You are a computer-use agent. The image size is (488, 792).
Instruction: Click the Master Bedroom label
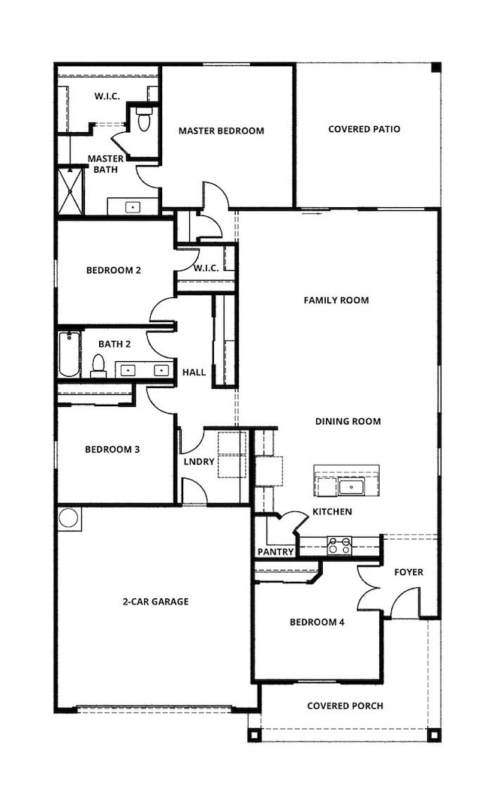221,131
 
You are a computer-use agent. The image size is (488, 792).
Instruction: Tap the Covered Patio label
364,129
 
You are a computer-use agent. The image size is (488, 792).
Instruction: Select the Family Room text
336,300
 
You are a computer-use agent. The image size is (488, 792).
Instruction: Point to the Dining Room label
347,421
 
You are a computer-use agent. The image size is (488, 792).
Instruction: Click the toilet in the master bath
144,119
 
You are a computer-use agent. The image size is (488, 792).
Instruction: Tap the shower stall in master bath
71,191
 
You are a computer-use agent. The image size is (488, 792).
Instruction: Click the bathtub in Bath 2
69,354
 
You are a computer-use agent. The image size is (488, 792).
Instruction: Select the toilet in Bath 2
98,365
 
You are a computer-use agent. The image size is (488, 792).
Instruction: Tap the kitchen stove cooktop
339,545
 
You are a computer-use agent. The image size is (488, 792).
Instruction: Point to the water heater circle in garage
69,519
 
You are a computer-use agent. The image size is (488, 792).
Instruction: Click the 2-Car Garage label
155,601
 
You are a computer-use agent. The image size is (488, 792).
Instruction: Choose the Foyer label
408,572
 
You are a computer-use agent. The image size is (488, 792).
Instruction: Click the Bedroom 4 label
317,622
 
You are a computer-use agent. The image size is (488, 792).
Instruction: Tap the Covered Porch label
345,706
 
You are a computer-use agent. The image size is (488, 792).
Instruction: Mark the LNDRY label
199,462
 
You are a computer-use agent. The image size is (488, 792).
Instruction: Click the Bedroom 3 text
112,450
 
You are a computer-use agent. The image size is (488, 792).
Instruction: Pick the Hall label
194,372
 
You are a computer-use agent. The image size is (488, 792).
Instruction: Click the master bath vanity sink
133,206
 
